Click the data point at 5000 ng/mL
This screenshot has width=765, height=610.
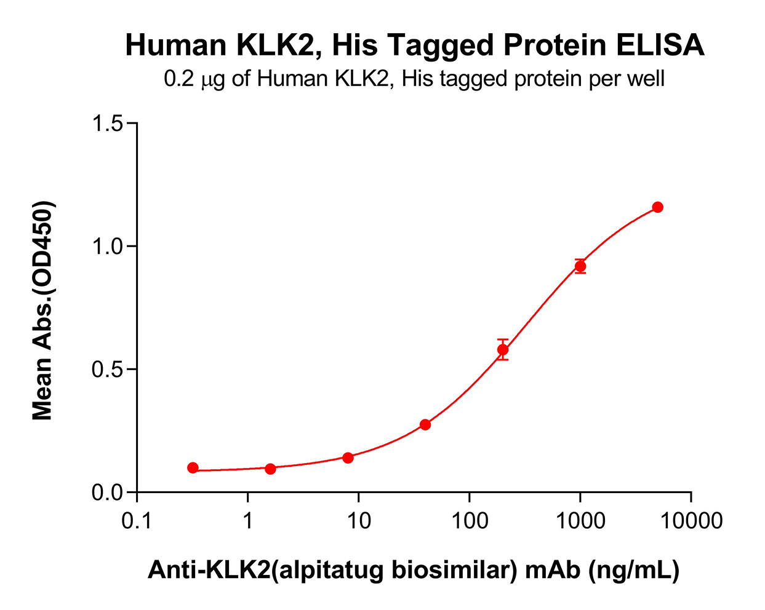pos(657,207)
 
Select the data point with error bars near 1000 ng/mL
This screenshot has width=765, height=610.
pos(580,266)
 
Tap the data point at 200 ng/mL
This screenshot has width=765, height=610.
pos(503,350)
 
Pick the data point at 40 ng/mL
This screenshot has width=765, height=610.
pos(425,425)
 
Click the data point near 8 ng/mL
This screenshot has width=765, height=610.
pos(348,457)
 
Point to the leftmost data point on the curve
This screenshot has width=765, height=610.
pos(193,468)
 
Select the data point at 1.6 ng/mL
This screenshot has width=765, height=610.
pos(270,469)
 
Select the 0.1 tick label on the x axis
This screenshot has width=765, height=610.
pos(137,521)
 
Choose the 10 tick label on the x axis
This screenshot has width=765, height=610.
pos(358,521)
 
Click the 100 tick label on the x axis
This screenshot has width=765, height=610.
pos(469,521)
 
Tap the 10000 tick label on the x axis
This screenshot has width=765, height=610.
pos(691,521)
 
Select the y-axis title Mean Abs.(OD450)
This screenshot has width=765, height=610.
pos(42,311)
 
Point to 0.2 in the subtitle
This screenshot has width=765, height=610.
pos(179,79)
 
